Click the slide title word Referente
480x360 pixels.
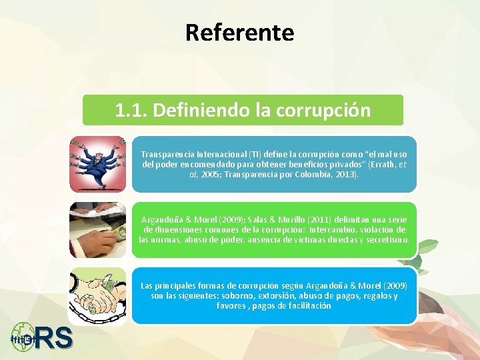[x=239, y=32]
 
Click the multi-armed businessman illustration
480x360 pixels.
[x=97, y=164]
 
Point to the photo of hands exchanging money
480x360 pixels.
[x=97, y=230]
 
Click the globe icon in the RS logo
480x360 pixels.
[x=24, y=337]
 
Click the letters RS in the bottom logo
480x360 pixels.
[x=55, y=338]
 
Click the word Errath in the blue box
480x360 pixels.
[x=376, y=165]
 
